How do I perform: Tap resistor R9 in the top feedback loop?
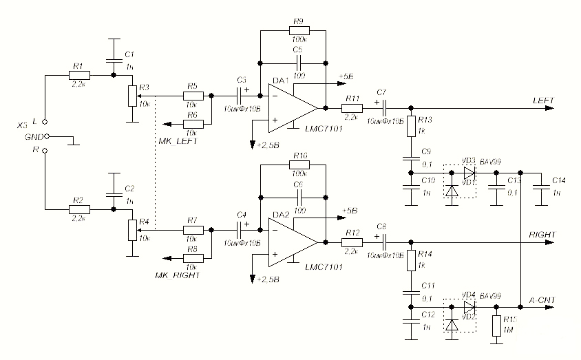[x=299, y=31]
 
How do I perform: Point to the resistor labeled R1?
[x=78, y=74]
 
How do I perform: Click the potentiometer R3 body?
[x=131, y=97]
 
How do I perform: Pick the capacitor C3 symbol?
[x=242, y=96]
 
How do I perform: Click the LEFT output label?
[x=544, y=100]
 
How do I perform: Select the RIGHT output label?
[x=542, y=235]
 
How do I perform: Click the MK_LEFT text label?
[x=178, y=141]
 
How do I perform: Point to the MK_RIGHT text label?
[x=178, y=275]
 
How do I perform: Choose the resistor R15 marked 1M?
[x=496, y=326]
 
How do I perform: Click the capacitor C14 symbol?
[x=542, y=183]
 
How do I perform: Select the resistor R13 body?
[x=411, y=127]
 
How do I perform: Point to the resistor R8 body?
[x=193, y=257]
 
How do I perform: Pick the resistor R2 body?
[x=78, y=209]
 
